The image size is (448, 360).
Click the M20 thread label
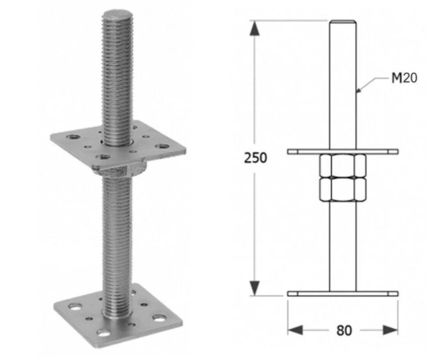coord(404,78)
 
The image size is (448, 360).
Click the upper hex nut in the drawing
coord(342,166)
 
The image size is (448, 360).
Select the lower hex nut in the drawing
coord(342,190)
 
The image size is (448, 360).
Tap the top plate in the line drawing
coord(342,152)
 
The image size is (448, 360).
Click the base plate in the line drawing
coord(342,294)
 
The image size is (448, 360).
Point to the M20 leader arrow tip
coord(358,90)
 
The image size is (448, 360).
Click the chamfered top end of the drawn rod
coord(342,23)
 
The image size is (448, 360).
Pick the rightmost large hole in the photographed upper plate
coord(162,146)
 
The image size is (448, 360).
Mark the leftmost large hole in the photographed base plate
coord(73,308)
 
